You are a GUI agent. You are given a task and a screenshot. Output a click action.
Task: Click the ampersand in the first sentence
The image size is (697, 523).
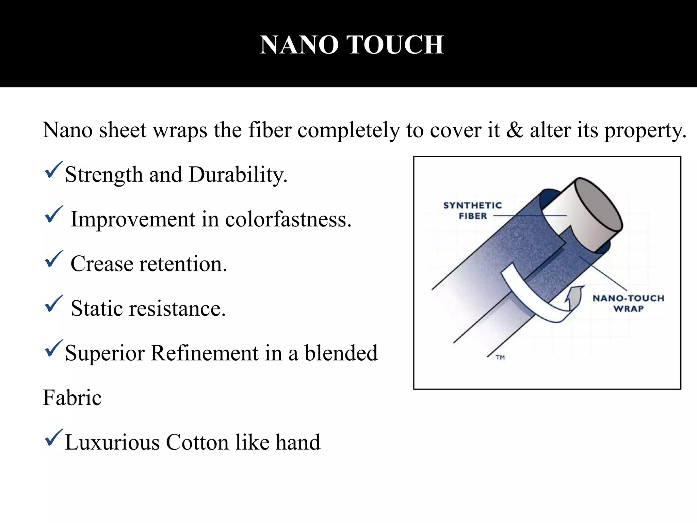click(515, 130)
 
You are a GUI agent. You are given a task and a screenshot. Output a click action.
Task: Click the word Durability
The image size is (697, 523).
click(238, 175)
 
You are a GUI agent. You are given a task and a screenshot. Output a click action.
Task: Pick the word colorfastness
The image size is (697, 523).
click(288, 219)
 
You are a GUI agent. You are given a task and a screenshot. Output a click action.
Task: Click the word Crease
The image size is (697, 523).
click(102, 264)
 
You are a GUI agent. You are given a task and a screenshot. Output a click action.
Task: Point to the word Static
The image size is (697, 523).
click(97, 308)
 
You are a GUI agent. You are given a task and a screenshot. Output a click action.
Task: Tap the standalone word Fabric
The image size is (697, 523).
click(72, 398)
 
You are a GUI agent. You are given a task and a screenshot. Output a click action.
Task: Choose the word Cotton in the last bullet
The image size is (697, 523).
click(197, 442)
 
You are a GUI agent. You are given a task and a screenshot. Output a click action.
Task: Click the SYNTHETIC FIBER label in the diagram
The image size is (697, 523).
click(473, 210)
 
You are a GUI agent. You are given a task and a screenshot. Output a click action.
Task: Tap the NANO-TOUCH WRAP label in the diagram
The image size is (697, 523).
click(628, 303)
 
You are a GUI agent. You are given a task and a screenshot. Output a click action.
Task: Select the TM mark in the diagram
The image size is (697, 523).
click(500, 357)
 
